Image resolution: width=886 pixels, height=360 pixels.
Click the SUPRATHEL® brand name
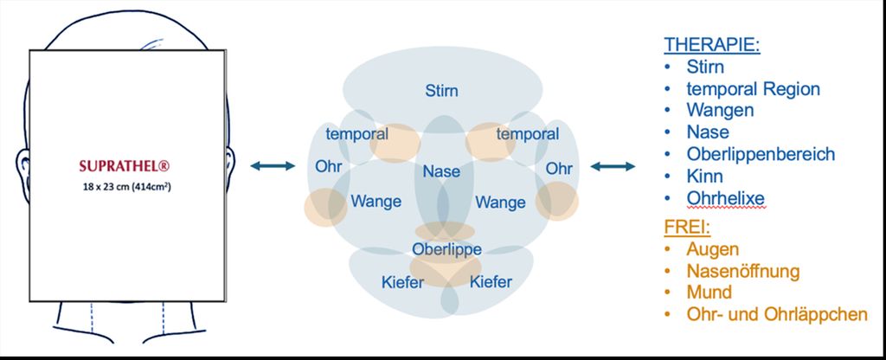pyautogui.click(x=125, y=166)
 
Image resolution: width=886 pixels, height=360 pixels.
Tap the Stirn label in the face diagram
pyautogui.click(x=441, y=90)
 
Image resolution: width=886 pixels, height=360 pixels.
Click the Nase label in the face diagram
pyautogui.click(x=441, y=171)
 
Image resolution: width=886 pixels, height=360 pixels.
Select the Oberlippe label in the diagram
pyautogui.click(x=446, y=248)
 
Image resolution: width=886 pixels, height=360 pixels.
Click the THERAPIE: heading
pyautogui.click(x=712, y=45)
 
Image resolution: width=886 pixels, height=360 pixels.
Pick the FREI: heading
pyautogui.click(x=687, y=228)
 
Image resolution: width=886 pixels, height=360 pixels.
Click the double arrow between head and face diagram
pyautogui.click(x=273, y=165)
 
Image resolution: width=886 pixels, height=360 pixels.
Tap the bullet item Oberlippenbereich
pyautogui.click(x=761, y=154)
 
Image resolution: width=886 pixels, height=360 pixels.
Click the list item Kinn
pyautogui.click(x=704, y=176)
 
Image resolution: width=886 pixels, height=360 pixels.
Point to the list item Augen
pyautogui.click(x=713, y=249)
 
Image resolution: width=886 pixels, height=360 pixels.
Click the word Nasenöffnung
pyautogui.click(x=743, y=271)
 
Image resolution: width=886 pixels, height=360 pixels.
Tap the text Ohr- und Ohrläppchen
pyautogui.click(x=777, y=314)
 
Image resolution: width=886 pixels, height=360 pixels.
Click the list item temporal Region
pyautogui.click(x=754, y=89)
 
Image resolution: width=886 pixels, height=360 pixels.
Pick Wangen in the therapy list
pyautogui.click(x=720, y=110)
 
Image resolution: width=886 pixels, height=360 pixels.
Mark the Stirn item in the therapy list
pyautogui.click(x=705, y=67)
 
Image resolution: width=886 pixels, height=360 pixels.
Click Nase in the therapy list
pyautogui.click(x=708, y=132)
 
